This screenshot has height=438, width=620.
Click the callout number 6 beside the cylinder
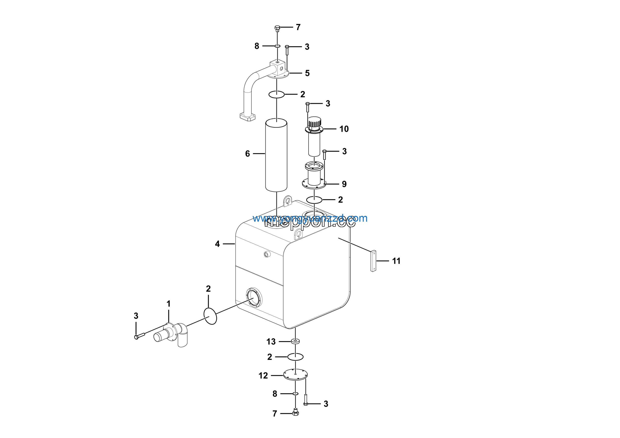coord(247,154)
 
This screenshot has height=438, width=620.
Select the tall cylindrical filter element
coord(276,155)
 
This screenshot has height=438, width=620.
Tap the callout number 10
coord(344,129)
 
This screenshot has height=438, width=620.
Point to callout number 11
coord(396,261)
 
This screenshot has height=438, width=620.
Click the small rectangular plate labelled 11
coord(373,261)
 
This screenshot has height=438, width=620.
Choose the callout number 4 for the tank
coord(217,244)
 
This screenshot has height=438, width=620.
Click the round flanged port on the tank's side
coord(254,297)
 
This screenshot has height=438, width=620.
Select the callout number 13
coord(271,342)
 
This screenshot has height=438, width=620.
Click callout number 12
coord(263,376)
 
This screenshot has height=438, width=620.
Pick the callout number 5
coord(307,73)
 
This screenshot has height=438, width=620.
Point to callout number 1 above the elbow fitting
coord(169,304)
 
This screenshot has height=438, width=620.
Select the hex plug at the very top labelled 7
coord(277,28)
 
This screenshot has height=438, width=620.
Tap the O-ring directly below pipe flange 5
coord(276,94)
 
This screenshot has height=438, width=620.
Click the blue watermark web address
coord(310,218)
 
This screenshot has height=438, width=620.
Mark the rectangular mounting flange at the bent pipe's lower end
coord(247,117)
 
